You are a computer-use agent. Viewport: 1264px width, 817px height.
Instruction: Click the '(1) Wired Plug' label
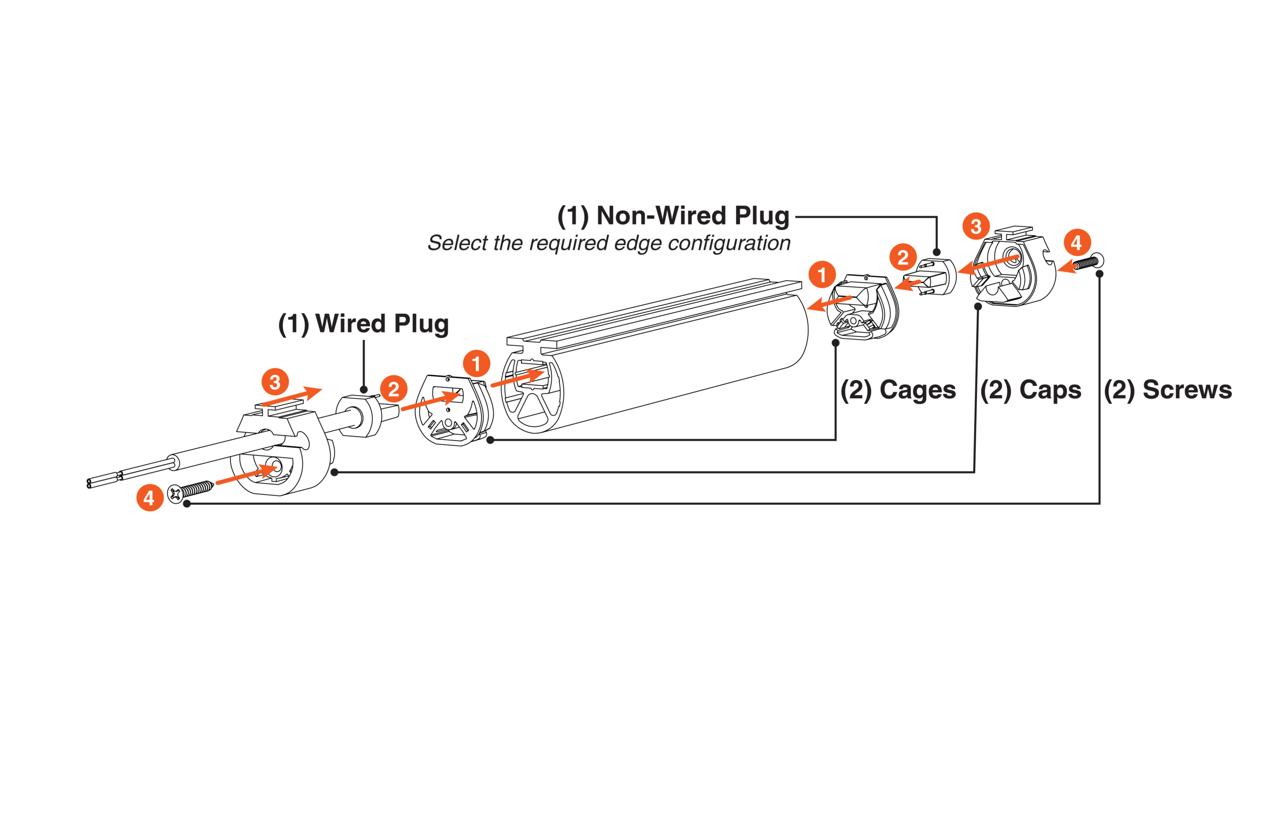pos(363,324)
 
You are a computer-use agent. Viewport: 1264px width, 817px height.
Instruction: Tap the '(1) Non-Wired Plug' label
pos(672,216)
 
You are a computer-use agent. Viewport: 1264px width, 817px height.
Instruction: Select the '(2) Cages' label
pos(898,390)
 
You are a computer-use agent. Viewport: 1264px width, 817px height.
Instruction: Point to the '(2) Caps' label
pos(1030,390)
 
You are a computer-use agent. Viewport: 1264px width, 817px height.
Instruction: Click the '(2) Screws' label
pos(1167,390)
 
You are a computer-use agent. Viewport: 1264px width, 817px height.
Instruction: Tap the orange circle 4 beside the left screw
pos(150,498)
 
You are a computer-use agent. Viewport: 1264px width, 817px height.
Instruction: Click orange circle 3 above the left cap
pos(275,382)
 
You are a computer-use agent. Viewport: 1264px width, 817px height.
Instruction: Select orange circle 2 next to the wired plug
pos(394,389)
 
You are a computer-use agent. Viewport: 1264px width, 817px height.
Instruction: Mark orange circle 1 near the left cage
pos(476,364)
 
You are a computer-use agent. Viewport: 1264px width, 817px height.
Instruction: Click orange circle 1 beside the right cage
pos(822,275)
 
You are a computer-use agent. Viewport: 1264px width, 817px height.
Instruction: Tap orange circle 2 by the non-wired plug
pos(903,258)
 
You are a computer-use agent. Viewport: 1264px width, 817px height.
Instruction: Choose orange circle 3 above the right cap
pos(976,226)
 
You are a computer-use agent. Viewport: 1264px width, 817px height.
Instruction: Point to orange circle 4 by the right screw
pos(1076,242)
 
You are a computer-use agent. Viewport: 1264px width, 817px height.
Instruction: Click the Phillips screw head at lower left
pos(175,494)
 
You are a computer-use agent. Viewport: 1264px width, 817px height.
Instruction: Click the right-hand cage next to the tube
pos(863,308)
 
